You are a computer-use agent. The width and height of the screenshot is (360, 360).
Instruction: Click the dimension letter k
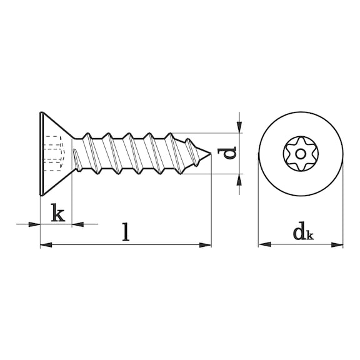point(57,214)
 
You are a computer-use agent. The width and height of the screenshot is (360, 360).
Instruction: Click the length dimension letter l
point(126,232)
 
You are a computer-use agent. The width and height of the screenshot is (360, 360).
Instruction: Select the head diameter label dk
point(302,234)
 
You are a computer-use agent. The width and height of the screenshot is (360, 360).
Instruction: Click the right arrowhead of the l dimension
point(207,244)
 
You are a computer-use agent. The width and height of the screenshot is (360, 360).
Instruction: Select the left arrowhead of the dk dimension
point(262,244)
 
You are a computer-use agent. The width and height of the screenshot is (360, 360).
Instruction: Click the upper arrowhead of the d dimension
point(239,127)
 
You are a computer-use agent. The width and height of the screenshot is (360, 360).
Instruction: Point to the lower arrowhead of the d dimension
point(239,179)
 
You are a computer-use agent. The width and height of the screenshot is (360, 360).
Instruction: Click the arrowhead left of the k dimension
point(35,223)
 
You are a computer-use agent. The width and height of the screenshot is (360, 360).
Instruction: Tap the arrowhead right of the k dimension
point(77,223)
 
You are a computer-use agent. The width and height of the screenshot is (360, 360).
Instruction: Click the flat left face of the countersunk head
point(41,153)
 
